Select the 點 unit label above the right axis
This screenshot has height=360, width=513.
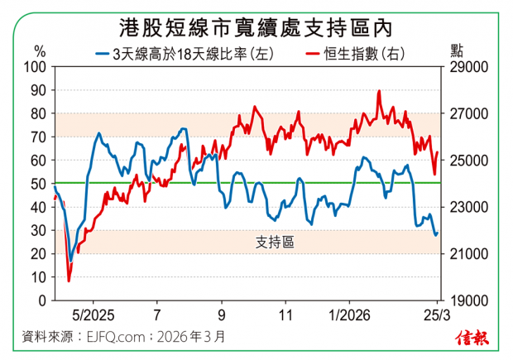coord(458,50)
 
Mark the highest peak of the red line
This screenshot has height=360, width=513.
coord(379,91)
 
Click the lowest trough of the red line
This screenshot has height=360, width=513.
coord(69,281)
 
